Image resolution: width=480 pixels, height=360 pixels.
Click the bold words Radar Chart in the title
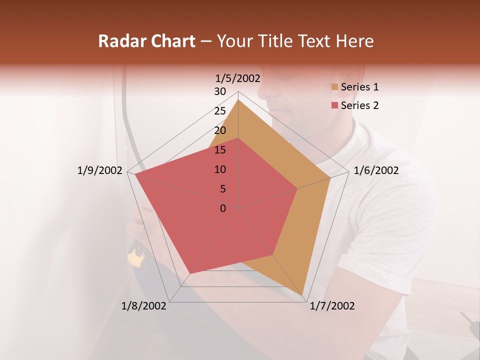point(146,41)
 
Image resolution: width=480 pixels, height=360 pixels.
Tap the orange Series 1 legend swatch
point(335,87)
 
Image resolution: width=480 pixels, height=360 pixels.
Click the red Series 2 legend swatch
point(335,105)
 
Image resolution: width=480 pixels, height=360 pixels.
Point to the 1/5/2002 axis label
point(238,78)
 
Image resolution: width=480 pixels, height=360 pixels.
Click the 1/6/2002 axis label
point(376,170)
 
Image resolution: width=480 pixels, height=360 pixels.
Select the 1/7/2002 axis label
point(332,306)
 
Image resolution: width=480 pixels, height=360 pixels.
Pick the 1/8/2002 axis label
point(144,306)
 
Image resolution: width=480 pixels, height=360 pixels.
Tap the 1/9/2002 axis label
point(100,170)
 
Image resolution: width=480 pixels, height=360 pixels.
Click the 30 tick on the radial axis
point(220,91)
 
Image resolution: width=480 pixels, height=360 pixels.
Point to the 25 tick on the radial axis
point(220,111)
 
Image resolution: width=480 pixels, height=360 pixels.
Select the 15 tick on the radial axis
point(220,150)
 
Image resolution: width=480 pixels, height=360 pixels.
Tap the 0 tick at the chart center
point(223,208)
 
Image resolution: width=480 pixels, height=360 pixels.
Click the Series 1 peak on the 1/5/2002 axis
point(238,100)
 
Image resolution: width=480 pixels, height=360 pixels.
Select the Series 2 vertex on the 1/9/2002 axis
point(135,174)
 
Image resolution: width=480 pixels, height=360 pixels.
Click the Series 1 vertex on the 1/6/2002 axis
point(330,177)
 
